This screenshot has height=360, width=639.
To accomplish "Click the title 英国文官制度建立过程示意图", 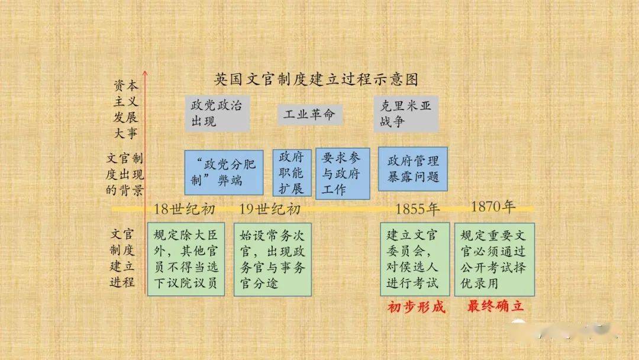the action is (316, 79).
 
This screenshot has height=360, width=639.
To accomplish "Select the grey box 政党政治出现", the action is (217, 113).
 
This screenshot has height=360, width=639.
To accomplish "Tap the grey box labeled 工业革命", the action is (309, 114).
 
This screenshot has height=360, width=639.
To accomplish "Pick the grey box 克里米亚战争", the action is (406, 114).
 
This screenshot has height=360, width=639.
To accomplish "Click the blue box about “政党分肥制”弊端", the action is (224, 172).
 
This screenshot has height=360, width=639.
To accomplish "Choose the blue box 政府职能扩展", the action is (292, 173).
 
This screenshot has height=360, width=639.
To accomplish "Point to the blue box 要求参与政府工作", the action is (343, 173).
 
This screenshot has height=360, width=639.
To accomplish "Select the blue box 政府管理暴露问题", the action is (413, 169).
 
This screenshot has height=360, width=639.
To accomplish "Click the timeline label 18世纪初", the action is (184, 209).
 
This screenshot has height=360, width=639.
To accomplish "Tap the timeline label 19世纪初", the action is (270, 209).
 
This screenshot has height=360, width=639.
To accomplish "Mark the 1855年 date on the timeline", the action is (418, 209).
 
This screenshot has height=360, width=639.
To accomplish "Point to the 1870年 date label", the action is (493, 207).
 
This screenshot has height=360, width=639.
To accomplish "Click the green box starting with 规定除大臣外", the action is (186, 259).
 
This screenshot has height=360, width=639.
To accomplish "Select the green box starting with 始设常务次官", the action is (273, 259).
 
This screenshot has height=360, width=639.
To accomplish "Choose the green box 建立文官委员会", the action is (415, 259).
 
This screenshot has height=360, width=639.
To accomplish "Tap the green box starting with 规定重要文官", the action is (494, 259).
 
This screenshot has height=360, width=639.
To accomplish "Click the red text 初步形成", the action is (416, 307).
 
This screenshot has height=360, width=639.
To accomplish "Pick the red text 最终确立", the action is (495, 306).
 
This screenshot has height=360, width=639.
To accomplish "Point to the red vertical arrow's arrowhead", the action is (145, 73).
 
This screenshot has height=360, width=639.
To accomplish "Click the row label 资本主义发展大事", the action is (125, 110).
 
